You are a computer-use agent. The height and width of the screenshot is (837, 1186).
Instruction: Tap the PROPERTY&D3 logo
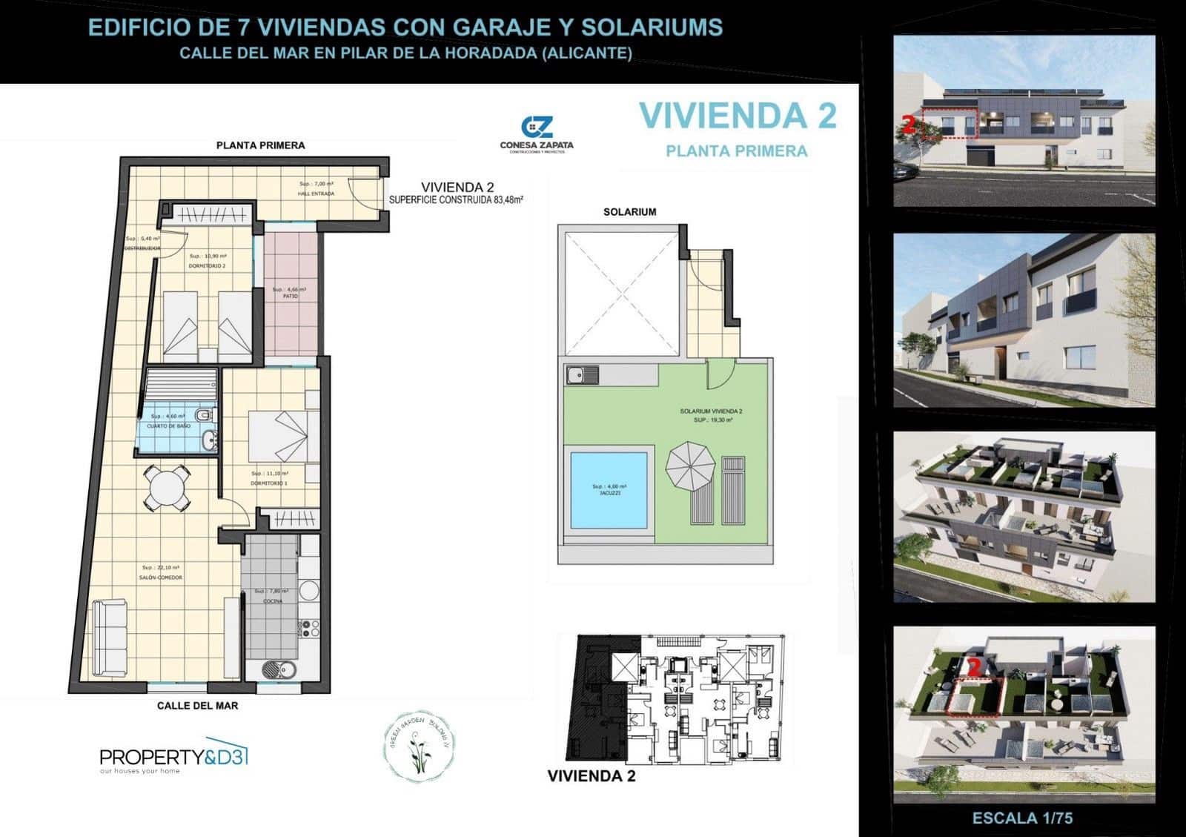[173, 757]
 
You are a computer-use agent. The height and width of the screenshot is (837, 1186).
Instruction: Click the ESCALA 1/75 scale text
[1022, 818]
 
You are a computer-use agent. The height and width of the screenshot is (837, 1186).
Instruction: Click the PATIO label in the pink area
[290, 296]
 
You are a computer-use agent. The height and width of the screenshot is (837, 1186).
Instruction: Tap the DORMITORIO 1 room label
[269, 483]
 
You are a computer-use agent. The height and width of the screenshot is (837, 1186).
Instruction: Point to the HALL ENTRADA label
[317, 193]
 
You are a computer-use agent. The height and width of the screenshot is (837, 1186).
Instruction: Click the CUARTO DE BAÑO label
[170, 426]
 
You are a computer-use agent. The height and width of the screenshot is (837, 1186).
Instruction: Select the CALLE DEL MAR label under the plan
[197, 706]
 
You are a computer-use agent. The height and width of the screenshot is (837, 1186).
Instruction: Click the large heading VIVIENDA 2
[738, 116]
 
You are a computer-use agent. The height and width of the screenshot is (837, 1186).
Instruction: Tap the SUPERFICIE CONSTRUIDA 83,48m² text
[457, 199]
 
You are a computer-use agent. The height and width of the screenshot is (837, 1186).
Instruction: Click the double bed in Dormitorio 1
[277, 436]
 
